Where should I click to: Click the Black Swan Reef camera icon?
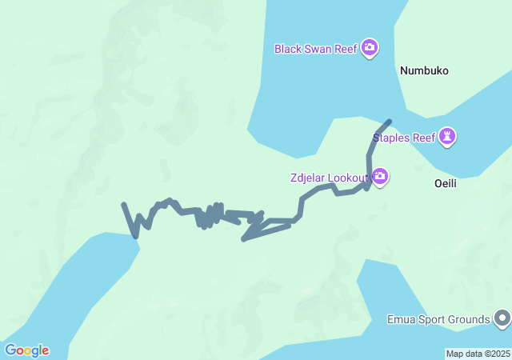point(370,48)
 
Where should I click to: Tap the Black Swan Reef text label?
point(315,48)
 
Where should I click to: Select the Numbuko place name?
point(424,70)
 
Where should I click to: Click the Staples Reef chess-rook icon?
point(448,138)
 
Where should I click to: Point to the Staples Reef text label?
point(407,138)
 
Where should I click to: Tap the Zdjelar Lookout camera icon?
point(380,177)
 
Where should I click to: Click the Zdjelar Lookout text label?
point(329,177)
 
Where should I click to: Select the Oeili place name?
point(445,182)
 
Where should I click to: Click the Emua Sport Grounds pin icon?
point(502,319)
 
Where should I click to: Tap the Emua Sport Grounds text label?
point(438,320)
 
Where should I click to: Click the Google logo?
point(26,350)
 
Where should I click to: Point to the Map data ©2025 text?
point(477,354)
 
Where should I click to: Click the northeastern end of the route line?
point(390,122)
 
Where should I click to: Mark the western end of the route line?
point(123,205)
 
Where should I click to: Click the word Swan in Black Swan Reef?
point(318,48)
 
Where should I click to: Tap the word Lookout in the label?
point(349,177)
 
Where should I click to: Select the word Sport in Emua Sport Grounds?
point(430,320)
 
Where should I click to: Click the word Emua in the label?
point(400,320)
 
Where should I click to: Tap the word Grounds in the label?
point(468,320)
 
